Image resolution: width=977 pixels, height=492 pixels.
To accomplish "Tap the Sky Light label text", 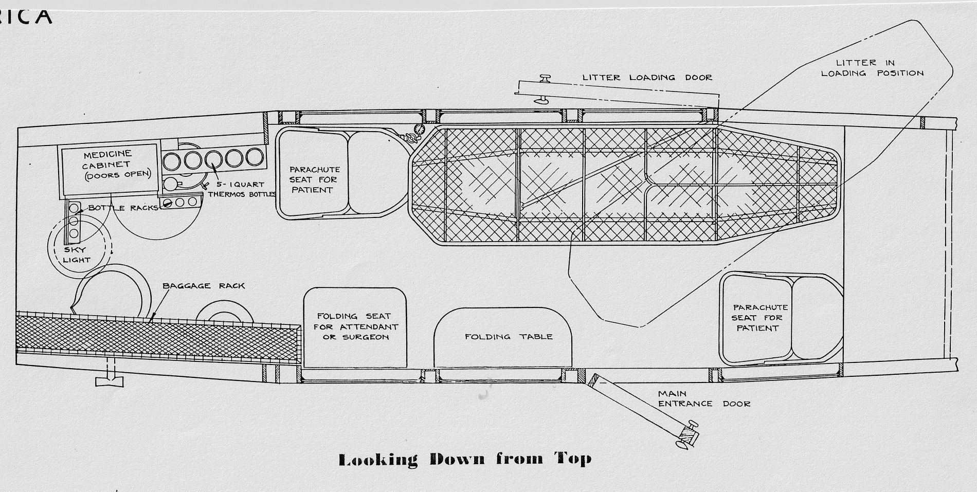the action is (77, 255).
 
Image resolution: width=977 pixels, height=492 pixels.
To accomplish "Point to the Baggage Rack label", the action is (204, 286).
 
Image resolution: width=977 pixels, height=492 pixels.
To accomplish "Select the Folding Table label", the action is (509, 337).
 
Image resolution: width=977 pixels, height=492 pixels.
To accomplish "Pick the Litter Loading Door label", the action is (647, 78).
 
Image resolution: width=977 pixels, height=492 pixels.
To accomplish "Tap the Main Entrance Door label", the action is (704, 399).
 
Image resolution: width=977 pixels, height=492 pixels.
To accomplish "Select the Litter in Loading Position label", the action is (872, 68).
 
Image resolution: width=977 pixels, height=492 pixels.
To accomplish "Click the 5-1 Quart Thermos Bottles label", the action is (242, 189).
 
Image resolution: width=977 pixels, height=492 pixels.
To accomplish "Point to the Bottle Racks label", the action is (123, 208).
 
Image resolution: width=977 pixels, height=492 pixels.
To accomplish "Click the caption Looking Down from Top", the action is (465, 459).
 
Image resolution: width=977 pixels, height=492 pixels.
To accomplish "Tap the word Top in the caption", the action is (573, 459).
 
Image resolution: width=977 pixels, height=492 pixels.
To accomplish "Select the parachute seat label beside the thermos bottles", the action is (314, 179).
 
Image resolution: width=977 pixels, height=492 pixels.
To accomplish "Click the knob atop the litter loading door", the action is (544, 78).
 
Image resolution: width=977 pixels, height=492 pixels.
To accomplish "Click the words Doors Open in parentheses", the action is (118, 174).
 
